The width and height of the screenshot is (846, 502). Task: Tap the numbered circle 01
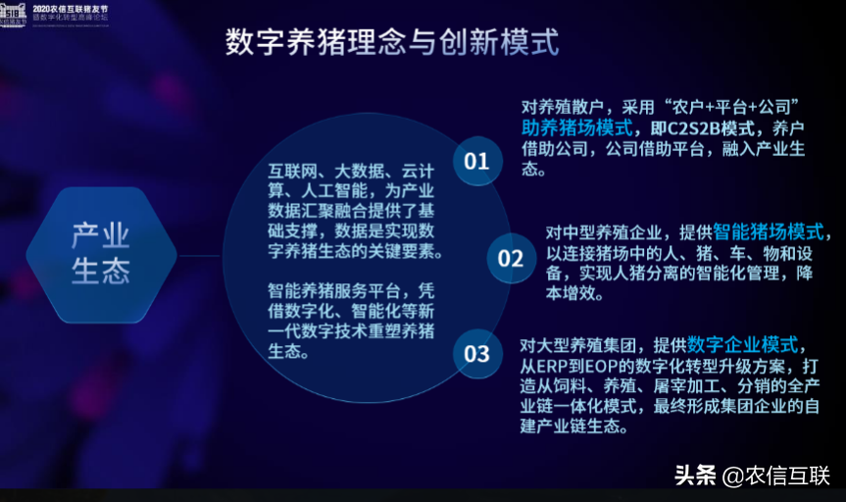476,161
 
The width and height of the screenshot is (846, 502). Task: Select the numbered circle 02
511,258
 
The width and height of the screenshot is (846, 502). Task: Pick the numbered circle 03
476,353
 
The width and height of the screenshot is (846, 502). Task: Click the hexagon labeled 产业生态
101,253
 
